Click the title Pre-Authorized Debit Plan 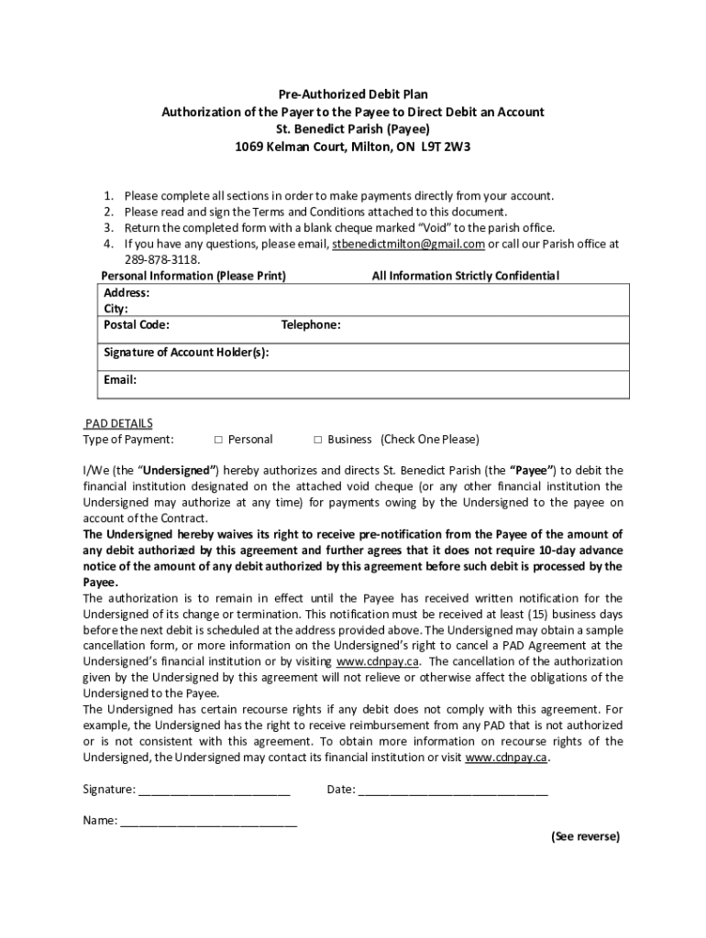click(353, 94)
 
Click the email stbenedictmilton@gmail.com click(408, 245)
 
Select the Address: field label click(127, 293)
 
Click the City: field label click(116, 309)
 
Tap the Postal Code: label click(136, 324)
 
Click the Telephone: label click(311, 324)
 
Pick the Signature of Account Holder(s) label click(186, 353)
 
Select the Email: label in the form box click(120, 379)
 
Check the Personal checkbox click(217, 440)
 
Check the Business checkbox click(318, 440)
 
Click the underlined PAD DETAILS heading click(118, 423)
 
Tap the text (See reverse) click(585, 836)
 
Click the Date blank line click(453, 790)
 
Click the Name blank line click(208, 822)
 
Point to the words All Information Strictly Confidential click(465, 276)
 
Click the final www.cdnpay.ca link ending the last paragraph click(507, 758)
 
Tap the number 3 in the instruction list click(107, 228)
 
